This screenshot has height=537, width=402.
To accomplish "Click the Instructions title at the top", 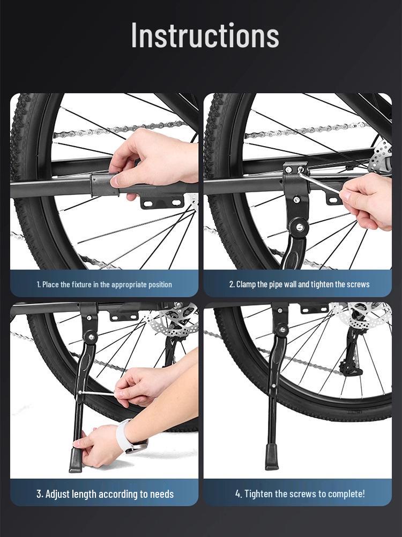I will pos(205,36).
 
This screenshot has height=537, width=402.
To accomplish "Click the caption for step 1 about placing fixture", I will pos(104,284).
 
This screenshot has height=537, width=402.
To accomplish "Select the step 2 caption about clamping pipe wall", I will pos(299,284).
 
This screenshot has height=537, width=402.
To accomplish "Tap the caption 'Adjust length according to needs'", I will pos(105,494).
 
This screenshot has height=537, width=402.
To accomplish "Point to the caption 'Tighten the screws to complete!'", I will pos(300,494).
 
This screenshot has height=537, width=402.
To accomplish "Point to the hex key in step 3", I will pos(96,393).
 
